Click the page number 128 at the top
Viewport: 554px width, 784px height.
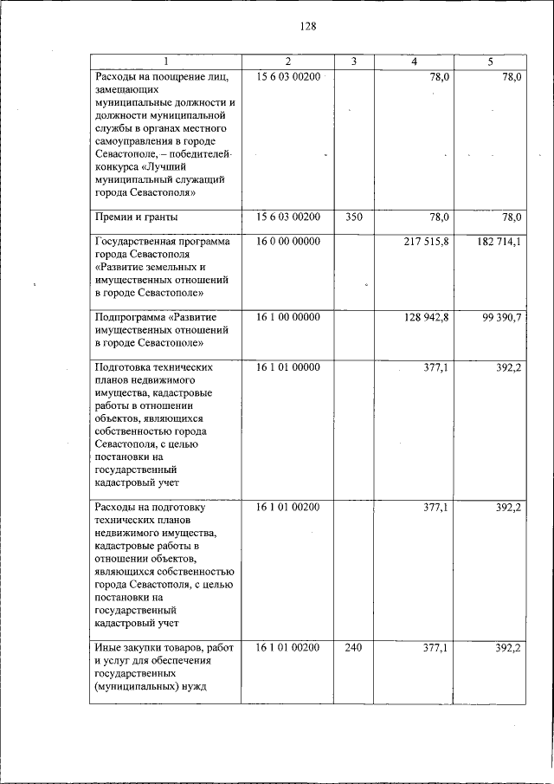pyautogui.click(x=308, y=26)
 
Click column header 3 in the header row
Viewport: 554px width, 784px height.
pyautogui.click(x=354, y=62)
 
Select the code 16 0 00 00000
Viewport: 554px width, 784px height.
pyautogui.click(x=288, y=242)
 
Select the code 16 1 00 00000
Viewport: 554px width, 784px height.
pyautogui.click(x=288, y=317)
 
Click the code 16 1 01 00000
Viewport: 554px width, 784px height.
pyautogui.click(x=288, y=367)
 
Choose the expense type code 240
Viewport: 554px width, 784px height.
pyautogui.click(x=353, y=647)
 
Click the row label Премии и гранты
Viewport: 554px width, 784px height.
pyautogui.click(x=136, y=217)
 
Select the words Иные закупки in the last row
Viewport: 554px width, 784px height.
pyautogui.click(x=126, y=647)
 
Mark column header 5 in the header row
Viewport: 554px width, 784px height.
pyautogui.click(x=490, y=62)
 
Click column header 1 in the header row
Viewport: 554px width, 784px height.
pyautogui.click(x=165, y=62)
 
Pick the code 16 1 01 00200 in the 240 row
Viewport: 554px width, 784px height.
pyautogui.click(x=288, y=647)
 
